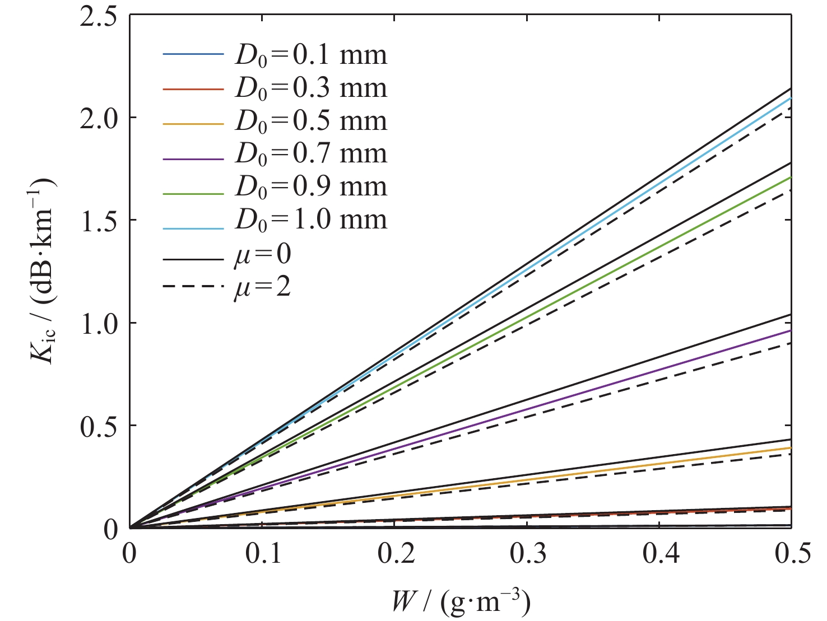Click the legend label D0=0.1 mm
310,55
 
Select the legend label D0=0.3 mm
310,88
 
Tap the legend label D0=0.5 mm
310,121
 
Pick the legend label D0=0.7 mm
310,153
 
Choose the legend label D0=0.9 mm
310,186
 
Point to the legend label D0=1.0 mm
310,220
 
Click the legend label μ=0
262,255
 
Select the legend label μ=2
262,287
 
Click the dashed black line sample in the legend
193,287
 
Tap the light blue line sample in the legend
193,228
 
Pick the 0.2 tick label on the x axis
396,553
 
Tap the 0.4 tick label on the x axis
661,553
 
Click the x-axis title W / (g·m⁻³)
461,603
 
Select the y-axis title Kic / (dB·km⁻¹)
43,270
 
